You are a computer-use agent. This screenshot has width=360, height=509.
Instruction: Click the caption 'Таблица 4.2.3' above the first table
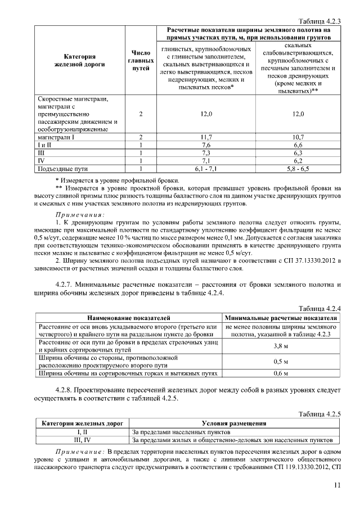tap(321, 20)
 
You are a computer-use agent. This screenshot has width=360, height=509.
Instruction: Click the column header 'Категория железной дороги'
tap(79, 61)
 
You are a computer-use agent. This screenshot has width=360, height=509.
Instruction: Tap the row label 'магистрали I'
tap(57, 137)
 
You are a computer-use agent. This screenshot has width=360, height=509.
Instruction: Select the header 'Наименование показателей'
tap(129, 318)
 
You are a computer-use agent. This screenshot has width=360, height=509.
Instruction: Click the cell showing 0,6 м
tap(281, 373)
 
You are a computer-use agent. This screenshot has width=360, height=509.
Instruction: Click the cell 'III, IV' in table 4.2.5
tap(83, 439)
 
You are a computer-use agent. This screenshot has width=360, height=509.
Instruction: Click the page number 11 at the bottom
tap(337, 486)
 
